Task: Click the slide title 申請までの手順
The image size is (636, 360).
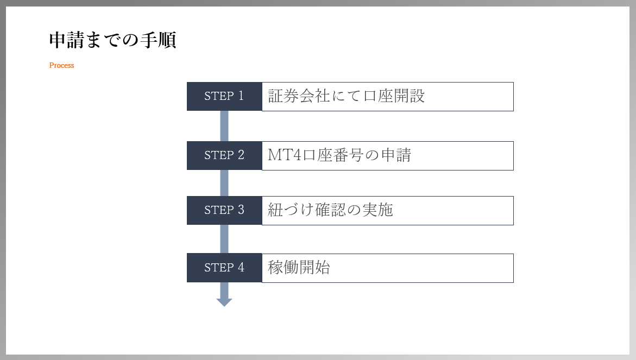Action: coord(113,40)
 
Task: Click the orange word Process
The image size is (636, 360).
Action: coord(62,65)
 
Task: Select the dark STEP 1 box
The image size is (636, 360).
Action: coord(224,97)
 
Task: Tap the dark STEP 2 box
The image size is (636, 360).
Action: coord(224,156)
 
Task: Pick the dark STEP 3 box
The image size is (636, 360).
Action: coord(224,210)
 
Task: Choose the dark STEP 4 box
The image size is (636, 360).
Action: coord(224,268)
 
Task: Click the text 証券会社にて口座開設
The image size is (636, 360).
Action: coord(347,96)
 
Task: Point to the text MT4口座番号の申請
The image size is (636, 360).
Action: coord(339,155)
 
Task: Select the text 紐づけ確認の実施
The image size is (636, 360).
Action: coord(330,210)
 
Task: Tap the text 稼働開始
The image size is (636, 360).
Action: coord(299,268)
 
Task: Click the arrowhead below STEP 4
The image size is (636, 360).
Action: coord(224,302)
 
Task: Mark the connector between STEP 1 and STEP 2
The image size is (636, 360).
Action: coord(224,126)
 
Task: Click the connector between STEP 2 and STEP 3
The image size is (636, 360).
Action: coord(224,183)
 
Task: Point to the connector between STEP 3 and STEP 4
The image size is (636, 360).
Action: coord(224,239)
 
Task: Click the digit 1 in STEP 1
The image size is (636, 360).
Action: coord(241,96)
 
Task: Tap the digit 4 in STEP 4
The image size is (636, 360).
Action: coord(241,267)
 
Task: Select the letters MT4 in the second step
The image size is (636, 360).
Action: coord(285,155)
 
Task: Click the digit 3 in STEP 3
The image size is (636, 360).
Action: coord(241,210)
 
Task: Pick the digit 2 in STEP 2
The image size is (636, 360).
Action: coord(241,155)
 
